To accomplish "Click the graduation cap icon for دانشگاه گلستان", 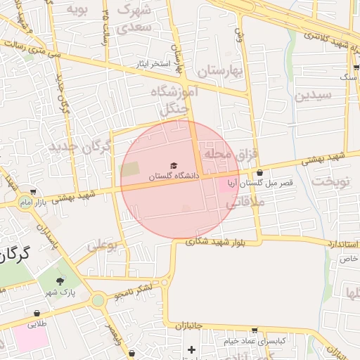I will [174, 165].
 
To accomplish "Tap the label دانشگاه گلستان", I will [173, 175].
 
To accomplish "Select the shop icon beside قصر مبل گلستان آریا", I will [260, 172].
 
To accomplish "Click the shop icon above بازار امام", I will [33, 192].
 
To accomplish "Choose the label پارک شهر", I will [60, 291].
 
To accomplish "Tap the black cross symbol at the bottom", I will [191, 349].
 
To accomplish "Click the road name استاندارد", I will [342, 244].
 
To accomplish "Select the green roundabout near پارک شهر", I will [98, 301].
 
